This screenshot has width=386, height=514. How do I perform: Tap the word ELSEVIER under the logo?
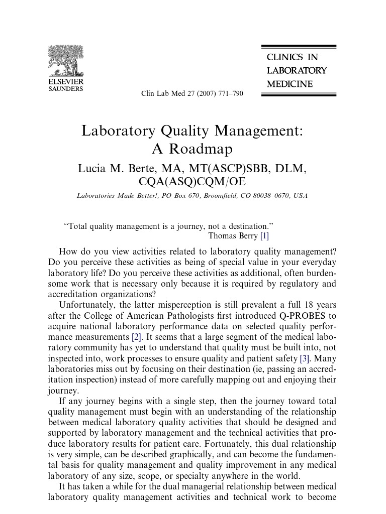66,82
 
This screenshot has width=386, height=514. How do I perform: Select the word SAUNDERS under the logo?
65,89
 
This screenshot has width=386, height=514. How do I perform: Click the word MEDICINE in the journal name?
289,84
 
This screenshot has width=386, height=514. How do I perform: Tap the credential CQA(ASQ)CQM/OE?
192,181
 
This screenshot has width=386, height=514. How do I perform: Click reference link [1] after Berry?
264,235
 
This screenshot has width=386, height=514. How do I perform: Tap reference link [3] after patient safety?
305,358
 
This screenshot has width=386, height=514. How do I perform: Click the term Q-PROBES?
301,315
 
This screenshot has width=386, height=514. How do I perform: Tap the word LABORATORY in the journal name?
297,71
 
